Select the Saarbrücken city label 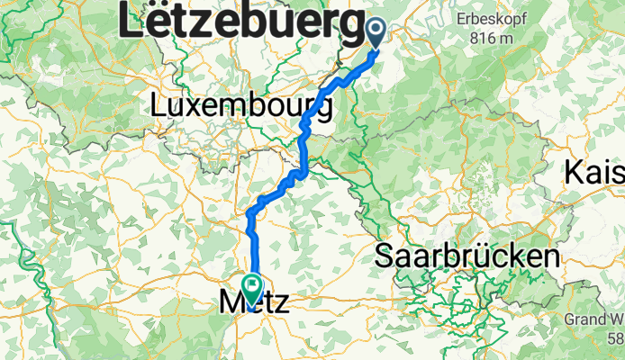(x=466, y=256)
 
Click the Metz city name (x=254, y=302)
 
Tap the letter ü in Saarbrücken (x=493, y=256)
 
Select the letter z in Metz (x=279, y=303)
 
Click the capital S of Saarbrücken (x=385, y=256)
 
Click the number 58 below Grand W (x=615, y=338)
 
